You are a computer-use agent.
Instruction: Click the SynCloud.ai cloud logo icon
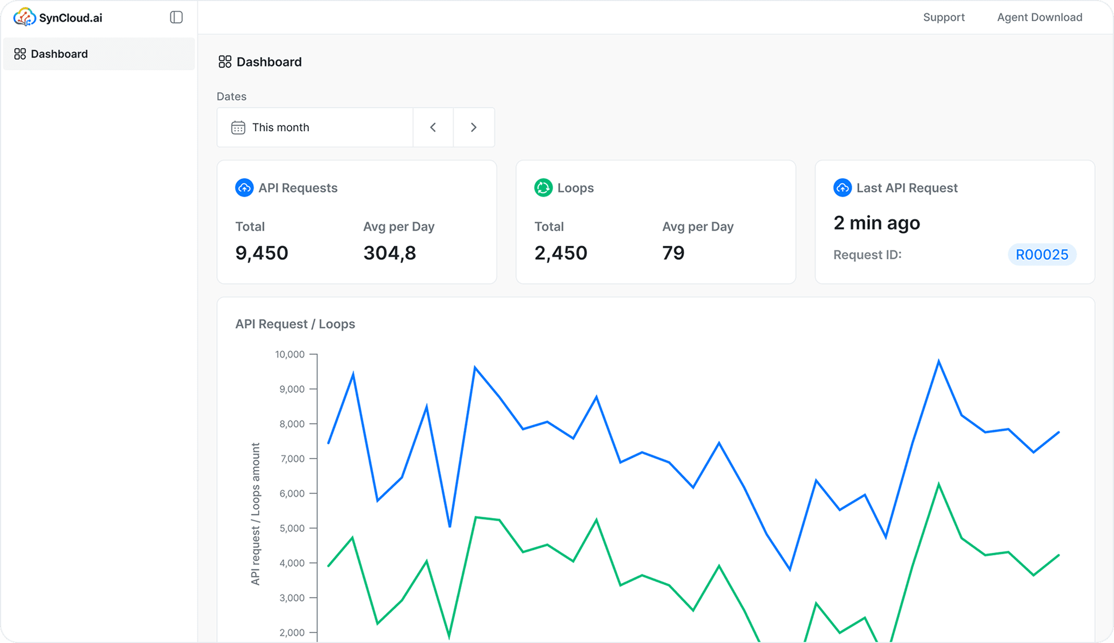24,17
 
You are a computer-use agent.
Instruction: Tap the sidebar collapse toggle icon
176,17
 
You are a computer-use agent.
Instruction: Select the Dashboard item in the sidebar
59,54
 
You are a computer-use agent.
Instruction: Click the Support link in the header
944,17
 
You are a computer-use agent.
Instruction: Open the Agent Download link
1039,17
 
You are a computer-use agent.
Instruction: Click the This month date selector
314,127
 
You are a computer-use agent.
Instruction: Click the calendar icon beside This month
238,127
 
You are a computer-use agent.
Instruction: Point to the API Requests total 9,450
262,253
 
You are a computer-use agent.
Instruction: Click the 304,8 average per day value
389,253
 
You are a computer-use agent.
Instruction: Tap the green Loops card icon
543,188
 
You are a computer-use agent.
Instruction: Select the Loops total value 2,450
561,253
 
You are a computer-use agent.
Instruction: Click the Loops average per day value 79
673,253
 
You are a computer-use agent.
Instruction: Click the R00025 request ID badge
1042,254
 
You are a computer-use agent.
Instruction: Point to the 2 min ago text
876,223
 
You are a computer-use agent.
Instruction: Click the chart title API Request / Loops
295,324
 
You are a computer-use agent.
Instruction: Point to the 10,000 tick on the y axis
289,354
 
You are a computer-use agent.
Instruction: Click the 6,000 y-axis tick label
292,494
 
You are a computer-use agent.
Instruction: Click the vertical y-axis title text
255,514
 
